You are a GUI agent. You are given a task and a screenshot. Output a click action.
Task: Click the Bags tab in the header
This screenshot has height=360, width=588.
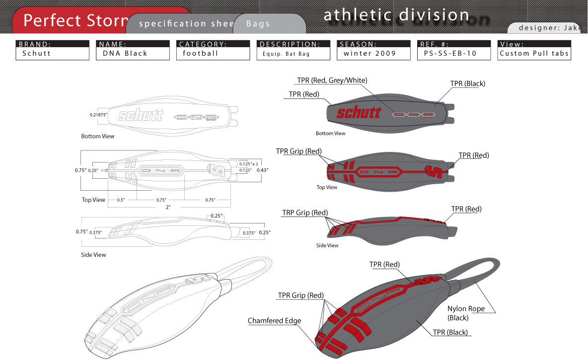coord(258,24)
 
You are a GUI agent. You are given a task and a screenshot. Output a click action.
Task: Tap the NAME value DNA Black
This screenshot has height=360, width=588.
coord(125,54)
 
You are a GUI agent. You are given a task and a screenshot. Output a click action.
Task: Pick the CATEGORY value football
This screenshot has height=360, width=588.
coord(201,54)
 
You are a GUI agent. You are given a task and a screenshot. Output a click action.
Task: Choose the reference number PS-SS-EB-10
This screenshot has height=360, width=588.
coord(447,54)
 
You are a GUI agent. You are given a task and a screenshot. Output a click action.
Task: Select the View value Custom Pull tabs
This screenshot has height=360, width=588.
coord(534,54)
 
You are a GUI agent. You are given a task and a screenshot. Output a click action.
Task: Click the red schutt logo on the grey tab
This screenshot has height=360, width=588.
coord(359,112)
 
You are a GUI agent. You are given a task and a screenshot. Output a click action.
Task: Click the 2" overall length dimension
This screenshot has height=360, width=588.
coord(168,207)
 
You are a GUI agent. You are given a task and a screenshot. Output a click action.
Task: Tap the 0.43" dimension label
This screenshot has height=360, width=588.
coord(264,170)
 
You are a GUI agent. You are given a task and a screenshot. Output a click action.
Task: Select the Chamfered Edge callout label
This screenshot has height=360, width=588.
coord(274,321)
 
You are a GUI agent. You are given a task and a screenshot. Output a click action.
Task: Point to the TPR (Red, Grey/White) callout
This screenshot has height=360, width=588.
coord(332,80)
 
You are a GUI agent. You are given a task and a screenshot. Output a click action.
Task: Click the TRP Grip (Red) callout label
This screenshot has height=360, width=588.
coord(305,213)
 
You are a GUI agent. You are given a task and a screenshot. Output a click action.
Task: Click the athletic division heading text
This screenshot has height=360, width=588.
coord(396,15)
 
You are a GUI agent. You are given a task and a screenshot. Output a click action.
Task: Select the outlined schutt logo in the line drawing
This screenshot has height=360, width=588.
coord(141,116)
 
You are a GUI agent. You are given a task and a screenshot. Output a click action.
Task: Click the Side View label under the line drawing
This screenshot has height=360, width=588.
coord(93,255)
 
